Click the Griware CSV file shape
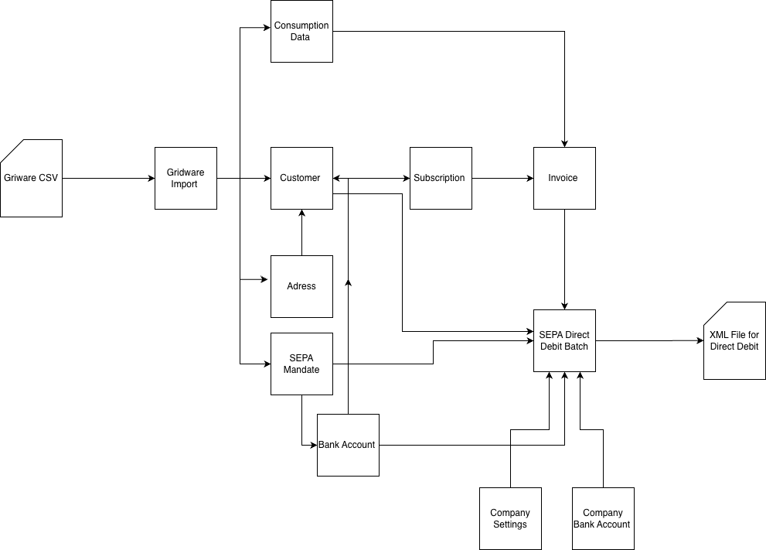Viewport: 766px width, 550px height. click(x=31, y=179)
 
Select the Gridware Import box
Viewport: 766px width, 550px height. click(x=186, y=179)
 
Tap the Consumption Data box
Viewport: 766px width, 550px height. click(x=302, y=31)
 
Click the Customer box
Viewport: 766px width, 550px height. click(x=302, y=179)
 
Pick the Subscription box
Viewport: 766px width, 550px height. click(x=441, y=179)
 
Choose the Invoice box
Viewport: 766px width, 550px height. click(x=564, y=179)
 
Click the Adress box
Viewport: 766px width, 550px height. click(x=302, y=286)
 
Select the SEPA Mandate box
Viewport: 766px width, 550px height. click(x=302, y=364)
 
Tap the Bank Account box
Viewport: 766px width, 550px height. click(x=348, y=445)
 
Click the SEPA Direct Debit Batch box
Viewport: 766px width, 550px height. click(x=564, y=341)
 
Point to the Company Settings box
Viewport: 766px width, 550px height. click(x=510, y=519)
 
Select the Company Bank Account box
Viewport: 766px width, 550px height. click(x=604, y=519)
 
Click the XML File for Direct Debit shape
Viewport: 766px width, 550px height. click(x=735, y=341)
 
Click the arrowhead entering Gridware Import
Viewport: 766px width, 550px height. click(x=151, y=179)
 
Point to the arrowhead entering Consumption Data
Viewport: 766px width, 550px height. click(x=267, y=28)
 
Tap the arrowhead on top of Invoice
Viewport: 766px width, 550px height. click(x=565, y=144)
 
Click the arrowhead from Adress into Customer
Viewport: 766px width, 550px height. click(x=302, y=214)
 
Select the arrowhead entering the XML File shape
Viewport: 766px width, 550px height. click(x=700, y=341)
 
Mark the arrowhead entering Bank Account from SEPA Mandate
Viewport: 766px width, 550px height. click(x=314, y=445)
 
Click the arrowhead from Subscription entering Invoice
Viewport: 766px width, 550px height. click(x=530, y=179)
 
